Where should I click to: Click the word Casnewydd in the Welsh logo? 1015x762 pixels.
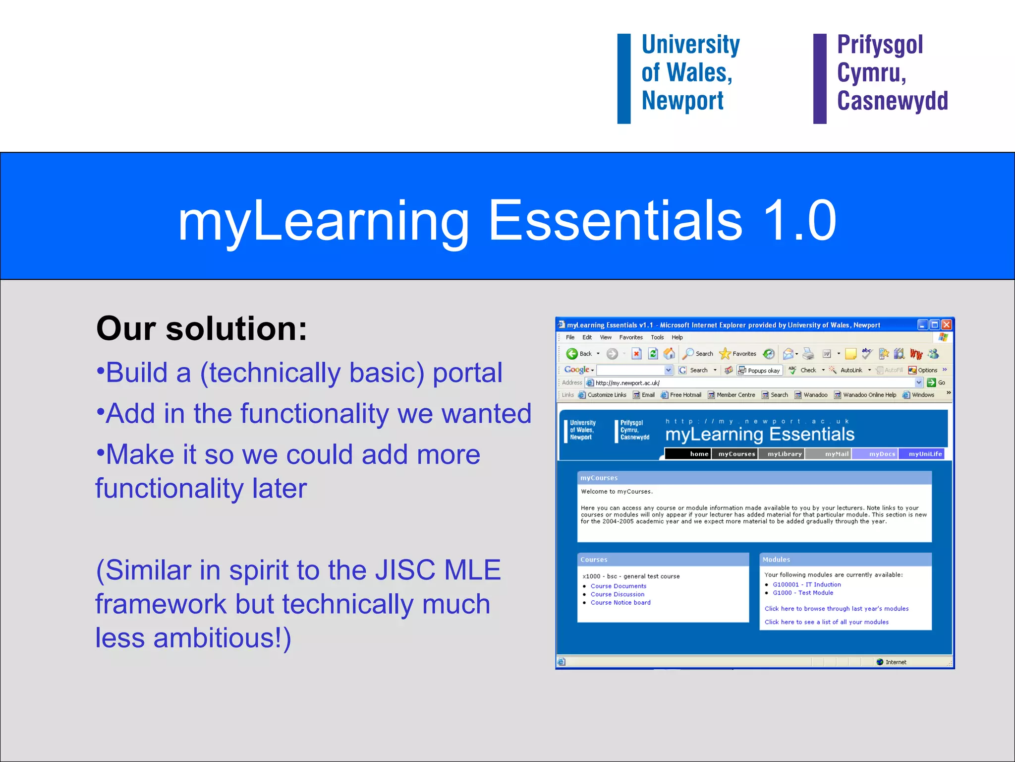click(x=892, y=101)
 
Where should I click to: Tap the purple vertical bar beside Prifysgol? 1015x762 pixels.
click(x=820, y=78)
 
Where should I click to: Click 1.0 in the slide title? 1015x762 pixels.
click(x=799, y=220)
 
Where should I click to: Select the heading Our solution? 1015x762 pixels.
click(x=201, y=329)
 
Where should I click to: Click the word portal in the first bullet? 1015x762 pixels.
click(x=467, y=373)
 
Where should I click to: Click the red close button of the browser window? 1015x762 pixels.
click(x=946, y=325)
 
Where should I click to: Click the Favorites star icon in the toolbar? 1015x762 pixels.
click(x=725, y=354)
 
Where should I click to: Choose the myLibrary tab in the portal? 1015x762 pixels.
click(x=784, y=454)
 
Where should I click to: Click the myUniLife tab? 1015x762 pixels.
click(x=925, y=454)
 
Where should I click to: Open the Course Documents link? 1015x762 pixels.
click(x=618, y=586)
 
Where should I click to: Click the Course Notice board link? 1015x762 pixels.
click(x=620, y=602)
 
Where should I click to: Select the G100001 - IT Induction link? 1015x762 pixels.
click(x=806, y=584)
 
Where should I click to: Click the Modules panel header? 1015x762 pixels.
click(x=845, y=560)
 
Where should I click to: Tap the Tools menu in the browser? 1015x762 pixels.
click(x=657, y=337)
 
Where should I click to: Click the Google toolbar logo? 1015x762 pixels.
click(x=576, y=370)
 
